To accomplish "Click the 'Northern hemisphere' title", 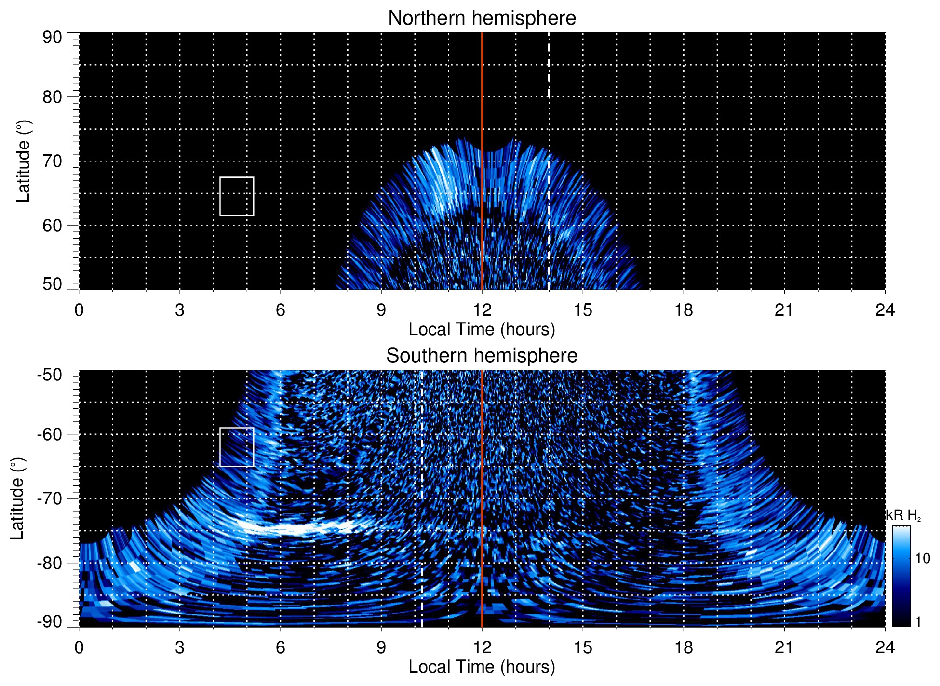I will click(482, 18).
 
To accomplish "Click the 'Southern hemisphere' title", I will click(482, 356).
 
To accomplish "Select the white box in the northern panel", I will click(237, 196).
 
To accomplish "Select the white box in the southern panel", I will click(237, 447).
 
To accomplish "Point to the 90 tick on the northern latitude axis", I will click(52, 38).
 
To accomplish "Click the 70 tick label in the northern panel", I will click(52, 161).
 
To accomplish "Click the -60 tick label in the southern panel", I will click(49, 434).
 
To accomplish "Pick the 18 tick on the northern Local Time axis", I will click(684, 310).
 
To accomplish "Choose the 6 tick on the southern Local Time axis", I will click(281, 647).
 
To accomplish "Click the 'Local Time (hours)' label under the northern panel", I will click(482, 329).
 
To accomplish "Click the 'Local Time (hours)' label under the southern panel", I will click(482, 667).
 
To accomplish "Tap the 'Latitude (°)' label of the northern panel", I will click(23, 161).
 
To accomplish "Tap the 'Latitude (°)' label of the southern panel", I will click(17, 498).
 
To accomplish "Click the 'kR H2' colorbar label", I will click(903, 515).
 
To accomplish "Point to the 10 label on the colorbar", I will click(922, 558).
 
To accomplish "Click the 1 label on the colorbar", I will click(918, 622).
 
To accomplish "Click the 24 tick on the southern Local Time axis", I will click(885, 647).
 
